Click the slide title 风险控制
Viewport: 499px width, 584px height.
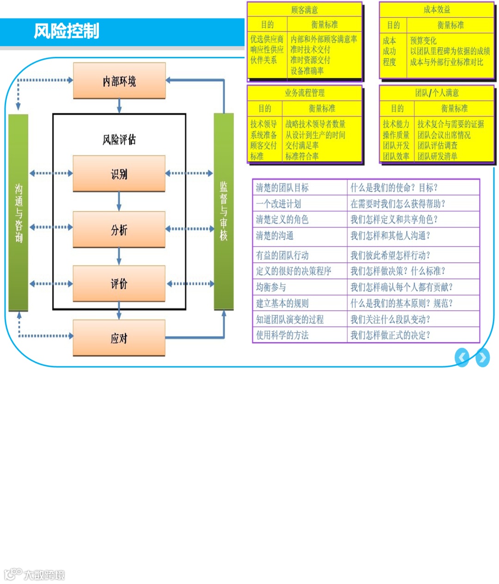coord(67,31)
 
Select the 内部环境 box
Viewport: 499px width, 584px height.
coord(119,81)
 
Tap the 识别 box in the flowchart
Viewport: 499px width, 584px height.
coord(119,174)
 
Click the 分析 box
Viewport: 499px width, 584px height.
coord(119,229)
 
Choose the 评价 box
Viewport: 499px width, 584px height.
coord(119,283)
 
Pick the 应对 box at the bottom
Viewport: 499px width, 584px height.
coord(119,338)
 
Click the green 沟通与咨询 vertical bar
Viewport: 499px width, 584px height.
coord(18,213)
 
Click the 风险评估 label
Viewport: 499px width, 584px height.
coord(119,139)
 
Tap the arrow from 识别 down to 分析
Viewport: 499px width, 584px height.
coord(119,202)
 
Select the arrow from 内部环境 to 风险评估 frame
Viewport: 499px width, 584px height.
coord(119,106)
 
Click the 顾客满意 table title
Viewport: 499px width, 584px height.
coord(304,10)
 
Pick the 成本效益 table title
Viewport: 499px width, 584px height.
coord(437,9)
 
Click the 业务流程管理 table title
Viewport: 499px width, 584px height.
coord(304,93)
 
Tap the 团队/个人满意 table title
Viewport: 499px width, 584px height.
coord(437,93)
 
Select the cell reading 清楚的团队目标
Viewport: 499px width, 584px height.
coord(282,188)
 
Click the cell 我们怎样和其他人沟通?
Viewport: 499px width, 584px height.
coord(390,236)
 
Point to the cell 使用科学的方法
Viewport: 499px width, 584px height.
coord(282,335)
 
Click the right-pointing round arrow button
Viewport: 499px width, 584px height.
coord(482,357)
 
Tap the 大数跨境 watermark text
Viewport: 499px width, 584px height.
coord(44,575)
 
